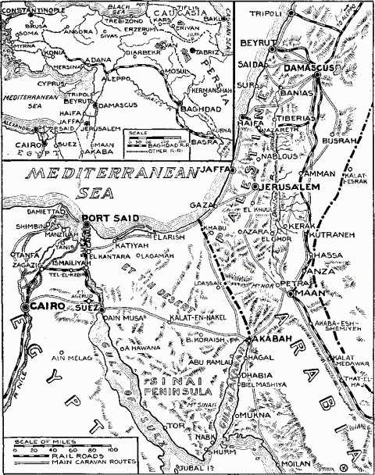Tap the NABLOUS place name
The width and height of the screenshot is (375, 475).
[280, 156]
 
